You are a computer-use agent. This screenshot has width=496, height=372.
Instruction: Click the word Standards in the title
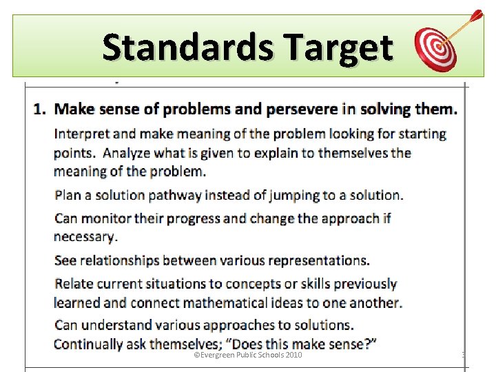(185, 48)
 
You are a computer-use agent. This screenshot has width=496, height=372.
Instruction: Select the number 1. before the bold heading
(41, 109)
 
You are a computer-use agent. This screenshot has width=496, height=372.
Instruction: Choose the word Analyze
(125, 153)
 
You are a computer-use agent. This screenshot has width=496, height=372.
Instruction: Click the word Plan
(68, 195)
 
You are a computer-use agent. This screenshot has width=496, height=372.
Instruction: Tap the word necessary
(85, 237)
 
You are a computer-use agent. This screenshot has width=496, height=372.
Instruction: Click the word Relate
(74, 284)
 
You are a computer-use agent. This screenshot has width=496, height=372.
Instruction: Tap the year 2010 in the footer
(292, 355)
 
